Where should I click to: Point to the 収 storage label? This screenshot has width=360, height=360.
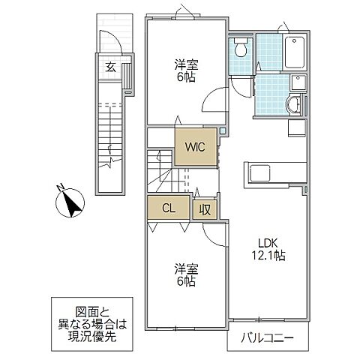(204, 210)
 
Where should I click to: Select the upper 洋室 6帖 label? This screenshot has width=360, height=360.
(186, 70)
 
